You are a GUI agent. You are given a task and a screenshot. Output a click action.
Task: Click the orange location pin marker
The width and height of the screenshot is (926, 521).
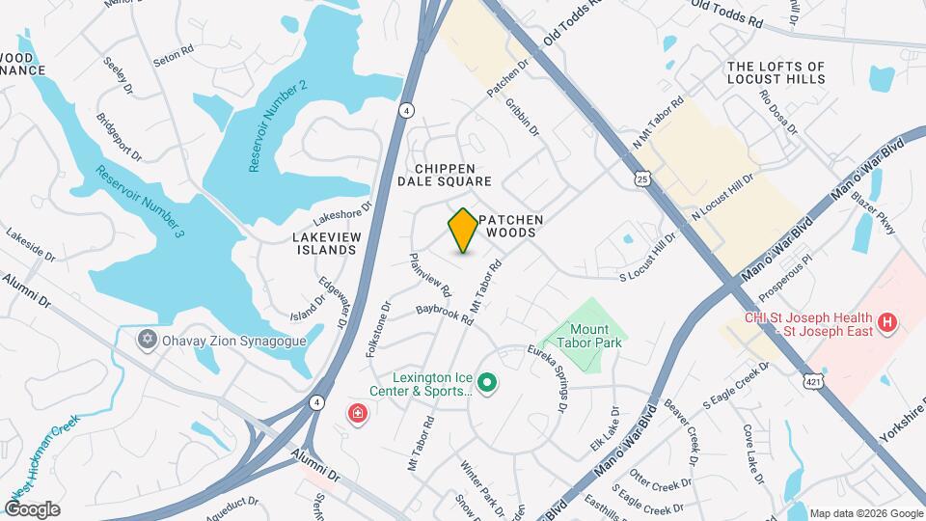tap(463, 231)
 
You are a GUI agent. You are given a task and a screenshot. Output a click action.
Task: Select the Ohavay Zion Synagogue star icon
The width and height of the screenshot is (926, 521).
tap(147, 339)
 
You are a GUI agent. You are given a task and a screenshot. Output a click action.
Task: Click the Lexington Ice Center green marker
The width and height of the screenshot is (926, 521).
tap(488, 383)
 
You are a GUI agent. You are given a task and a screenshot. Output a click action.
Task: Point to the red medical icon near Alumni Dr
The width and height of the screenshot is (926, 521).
tap(357, 414)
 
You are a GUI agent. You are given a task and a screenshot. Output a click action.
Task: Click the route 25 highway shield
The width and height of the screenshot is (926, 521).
tap(642, 179)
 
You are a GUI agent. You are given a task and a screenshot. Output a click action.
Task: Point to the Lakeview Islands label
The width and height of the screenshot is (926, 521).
tap(325, 242)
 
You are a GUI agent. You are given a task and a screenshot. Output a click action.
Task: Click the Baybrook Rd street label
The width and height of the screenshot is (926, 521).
tap(445, 315)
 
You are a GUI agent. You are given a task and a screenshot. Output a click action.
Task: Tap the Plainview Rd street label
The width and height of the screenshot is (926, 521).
tap(430, 274)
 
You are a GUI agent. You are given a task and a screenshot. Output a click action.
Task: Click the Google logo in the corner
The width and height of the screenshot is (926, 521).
tap(32, 508)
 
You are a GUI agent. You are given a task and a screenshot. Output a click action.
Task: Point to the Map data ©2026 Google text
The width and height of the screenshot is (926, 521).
tap(865, 513)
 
